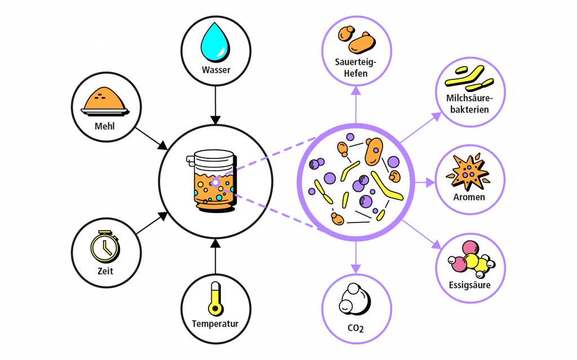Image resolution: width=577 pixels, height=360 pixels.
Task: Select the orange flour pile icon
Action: (x=105, y=100)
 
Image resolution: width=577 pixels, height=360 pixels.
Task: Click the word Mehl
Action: (x=105, y=126)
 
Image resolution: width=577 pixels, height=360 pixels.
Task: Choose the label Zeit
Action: (x=105, y=271)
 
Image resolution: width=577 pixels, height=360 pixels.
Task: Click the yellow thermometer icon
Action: (x=215, y=297)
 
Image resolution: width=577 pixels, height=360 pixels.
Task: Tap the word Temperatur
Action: (x=215, y=324)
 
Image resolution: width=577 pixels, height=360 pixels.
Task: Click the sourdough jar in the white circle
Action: (x=214, y=180)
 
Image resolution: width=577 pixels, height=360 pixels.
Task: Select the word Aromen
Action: (x=469, y=197)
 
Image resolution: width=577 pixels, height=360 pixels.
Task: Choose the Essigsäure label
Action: (x=469, y=285)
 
